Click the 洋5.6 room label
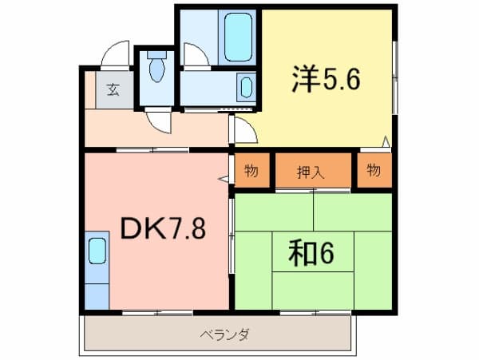tap(326, 79)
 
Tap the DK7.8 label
tap(163, 228)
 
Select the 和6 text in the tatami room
tap(311, 252)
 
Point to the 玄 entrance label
tap(113, 89)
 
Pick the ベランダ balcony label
tap(224, 335)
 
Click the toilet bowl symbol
tap(157, 66)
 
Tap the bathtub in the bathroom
tap(238, 38)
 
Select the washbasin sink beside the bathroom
tap(246, 87)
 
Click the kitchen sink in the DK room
tap(97, 251)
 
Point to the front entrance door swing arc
tap(115, 53)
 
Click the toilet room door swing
tap(159, 123)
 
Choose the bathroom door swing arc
tap(196, 54)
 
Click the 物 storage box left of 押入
tap(251, 170)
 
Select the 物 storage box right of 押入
tap(374, 170)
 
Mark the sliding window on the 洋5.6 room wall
tap(394, 77)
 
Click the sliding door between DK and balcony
tap(157, 312)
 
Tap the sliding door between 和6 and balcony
tap(315, 312)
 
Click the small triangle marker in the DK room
tap(224, 180)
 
